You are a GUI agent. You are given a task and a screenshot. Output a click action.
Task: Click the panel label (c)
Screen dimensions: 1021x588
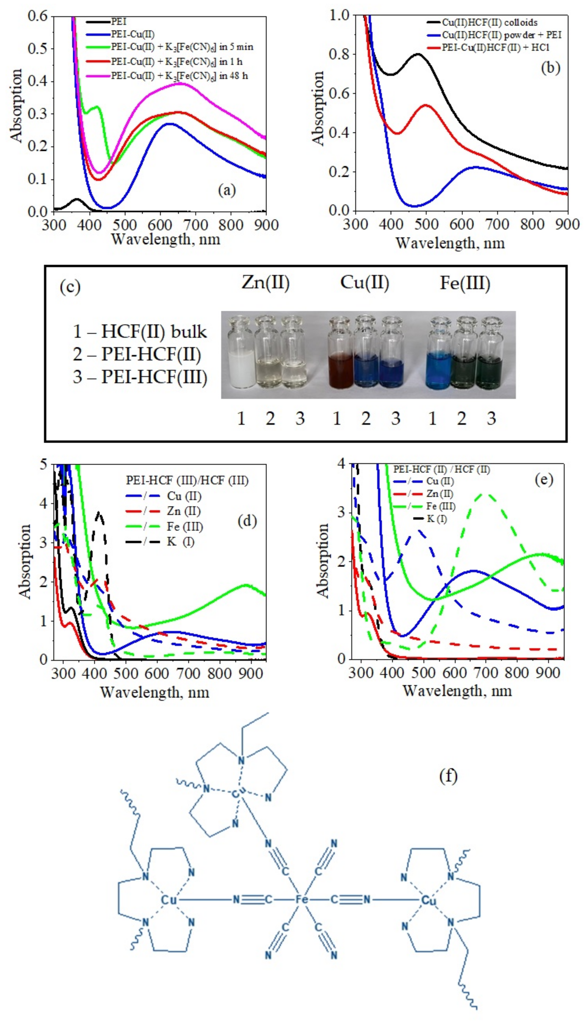coord(70,287)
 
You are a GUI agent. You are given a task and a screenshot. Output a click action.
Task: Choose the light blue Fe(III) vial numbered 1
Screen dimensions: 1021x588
coord(440,370)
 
